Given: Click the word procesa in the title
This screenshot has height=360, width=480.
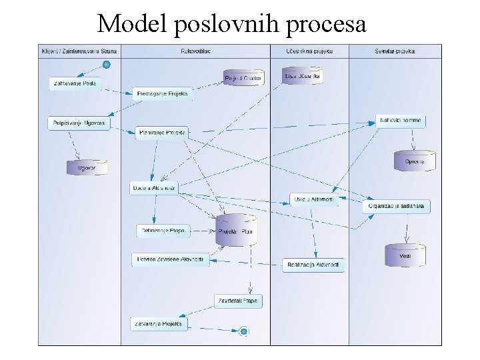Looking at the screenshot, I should click(327, 24).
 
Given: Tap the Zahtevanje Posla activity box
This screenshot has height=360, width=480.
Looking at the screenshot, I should click(73, 83).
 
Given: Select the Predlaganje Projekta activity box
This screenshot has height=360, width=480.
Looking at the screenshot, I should click(163, 93).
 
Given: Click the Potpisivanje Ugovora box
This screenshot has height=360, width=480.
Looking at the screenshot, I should click(79, 123).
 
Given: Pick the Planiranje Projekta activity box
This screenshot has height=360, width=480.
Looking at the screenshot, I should click(163, 133).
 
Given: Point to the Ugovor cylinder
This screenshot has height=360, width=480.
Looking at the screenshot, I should click(87, 167).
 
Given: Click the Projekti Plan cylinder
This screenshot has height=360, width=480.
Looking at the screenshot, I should click(236, 231).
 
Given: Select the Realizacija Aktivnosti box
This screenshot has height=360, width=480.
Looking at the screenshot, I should click(313, 265).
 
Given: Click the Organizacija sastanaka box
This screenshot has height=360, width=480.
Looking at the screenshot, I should click(397, 206).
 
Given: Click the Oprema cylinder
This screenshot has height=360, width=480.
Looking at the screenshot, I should click(415, 161).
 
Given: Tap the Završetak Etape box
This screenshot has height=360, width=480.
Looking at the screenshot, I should click(237, 301).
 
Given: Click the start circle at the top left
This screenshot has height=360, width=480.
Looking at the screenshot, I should click(106, 65).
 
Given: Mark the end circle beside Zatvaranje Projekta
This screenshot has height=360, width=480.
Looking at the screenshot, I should click(244, 331).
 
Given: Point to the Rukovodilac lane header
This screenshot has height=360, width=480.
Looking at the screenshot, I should click(195, 51).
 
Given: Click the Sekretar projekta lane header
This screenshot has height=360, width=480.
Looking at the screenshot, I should click(395, 51).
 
